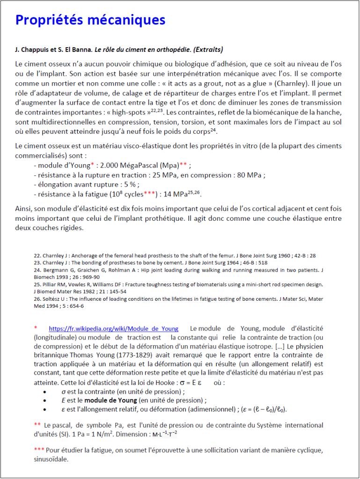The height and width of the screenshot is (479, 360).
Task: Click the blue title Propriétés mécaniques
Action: click(90, 20)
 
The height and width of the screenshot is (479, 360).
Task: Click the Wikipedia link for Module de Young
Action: click(113, 328)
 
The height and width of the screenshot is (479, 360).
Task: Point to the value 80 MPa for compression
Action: click(249, 175)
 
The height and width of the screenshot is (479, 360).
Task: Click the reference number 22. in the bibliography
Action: click(37, 256)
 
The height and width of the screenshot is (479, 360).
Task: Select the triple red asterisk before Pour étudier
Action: click(39, 450)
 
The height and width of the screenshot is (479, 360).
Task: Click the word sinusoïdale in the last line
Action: click(51, 459)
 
